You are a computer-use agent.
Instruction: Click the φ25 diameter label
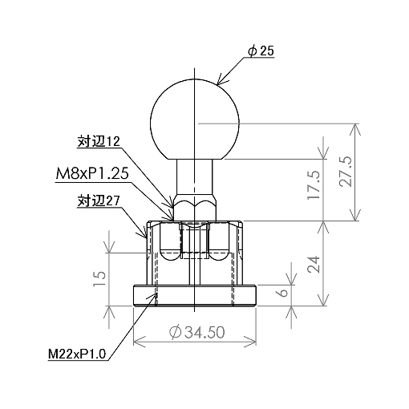pyautogui.click(x=261, y=51)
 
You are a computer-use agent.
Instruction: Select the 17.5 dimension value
pyautogui.click(x=314, y=184)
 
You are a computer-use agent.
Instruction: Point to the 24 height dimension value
pyautogui.click(x=314, y=264)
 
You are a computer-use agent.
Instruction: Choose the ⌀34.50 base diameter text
pyautogui.click(x=197, y=332)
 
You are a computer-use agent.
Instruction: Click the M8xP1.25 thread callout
pyautogui.click(x=92, y=174)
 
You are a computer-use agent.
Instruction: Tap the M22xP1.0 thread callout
pyautogui.click(x=77, y=354)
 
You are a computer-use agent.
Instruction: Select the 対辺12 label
pyautogui.click(x=99, y=142)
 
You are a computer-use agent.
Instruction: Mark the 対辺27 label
pyautogui.click(x=99, y=201)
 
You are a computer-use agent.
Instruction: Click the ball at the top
pyautogui.click(x=195, y=119)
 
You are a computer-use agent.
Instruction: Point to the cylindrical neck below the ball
pyautogui.click(x=195, y=178)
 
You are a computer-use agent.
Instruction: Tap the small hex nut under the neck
pyautogui.click(x=195, y=209)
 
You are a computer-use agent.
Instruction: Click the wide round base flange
pyautogui.click(x=195, y=295)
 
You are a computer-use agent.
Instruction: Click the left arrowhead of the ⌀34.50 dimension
pyautogui.click(x=139, y=341)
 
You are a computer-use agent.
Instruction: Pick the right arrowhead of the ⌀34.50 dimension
pyautogui.click(x=250, y=341)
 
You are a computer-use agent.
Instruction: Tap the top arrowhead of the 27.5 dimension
pyautogui.click(x=355, y=130)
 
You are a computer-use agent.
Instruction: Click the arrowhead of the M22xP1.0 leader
pyautogui.click(x=152, y=298)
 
